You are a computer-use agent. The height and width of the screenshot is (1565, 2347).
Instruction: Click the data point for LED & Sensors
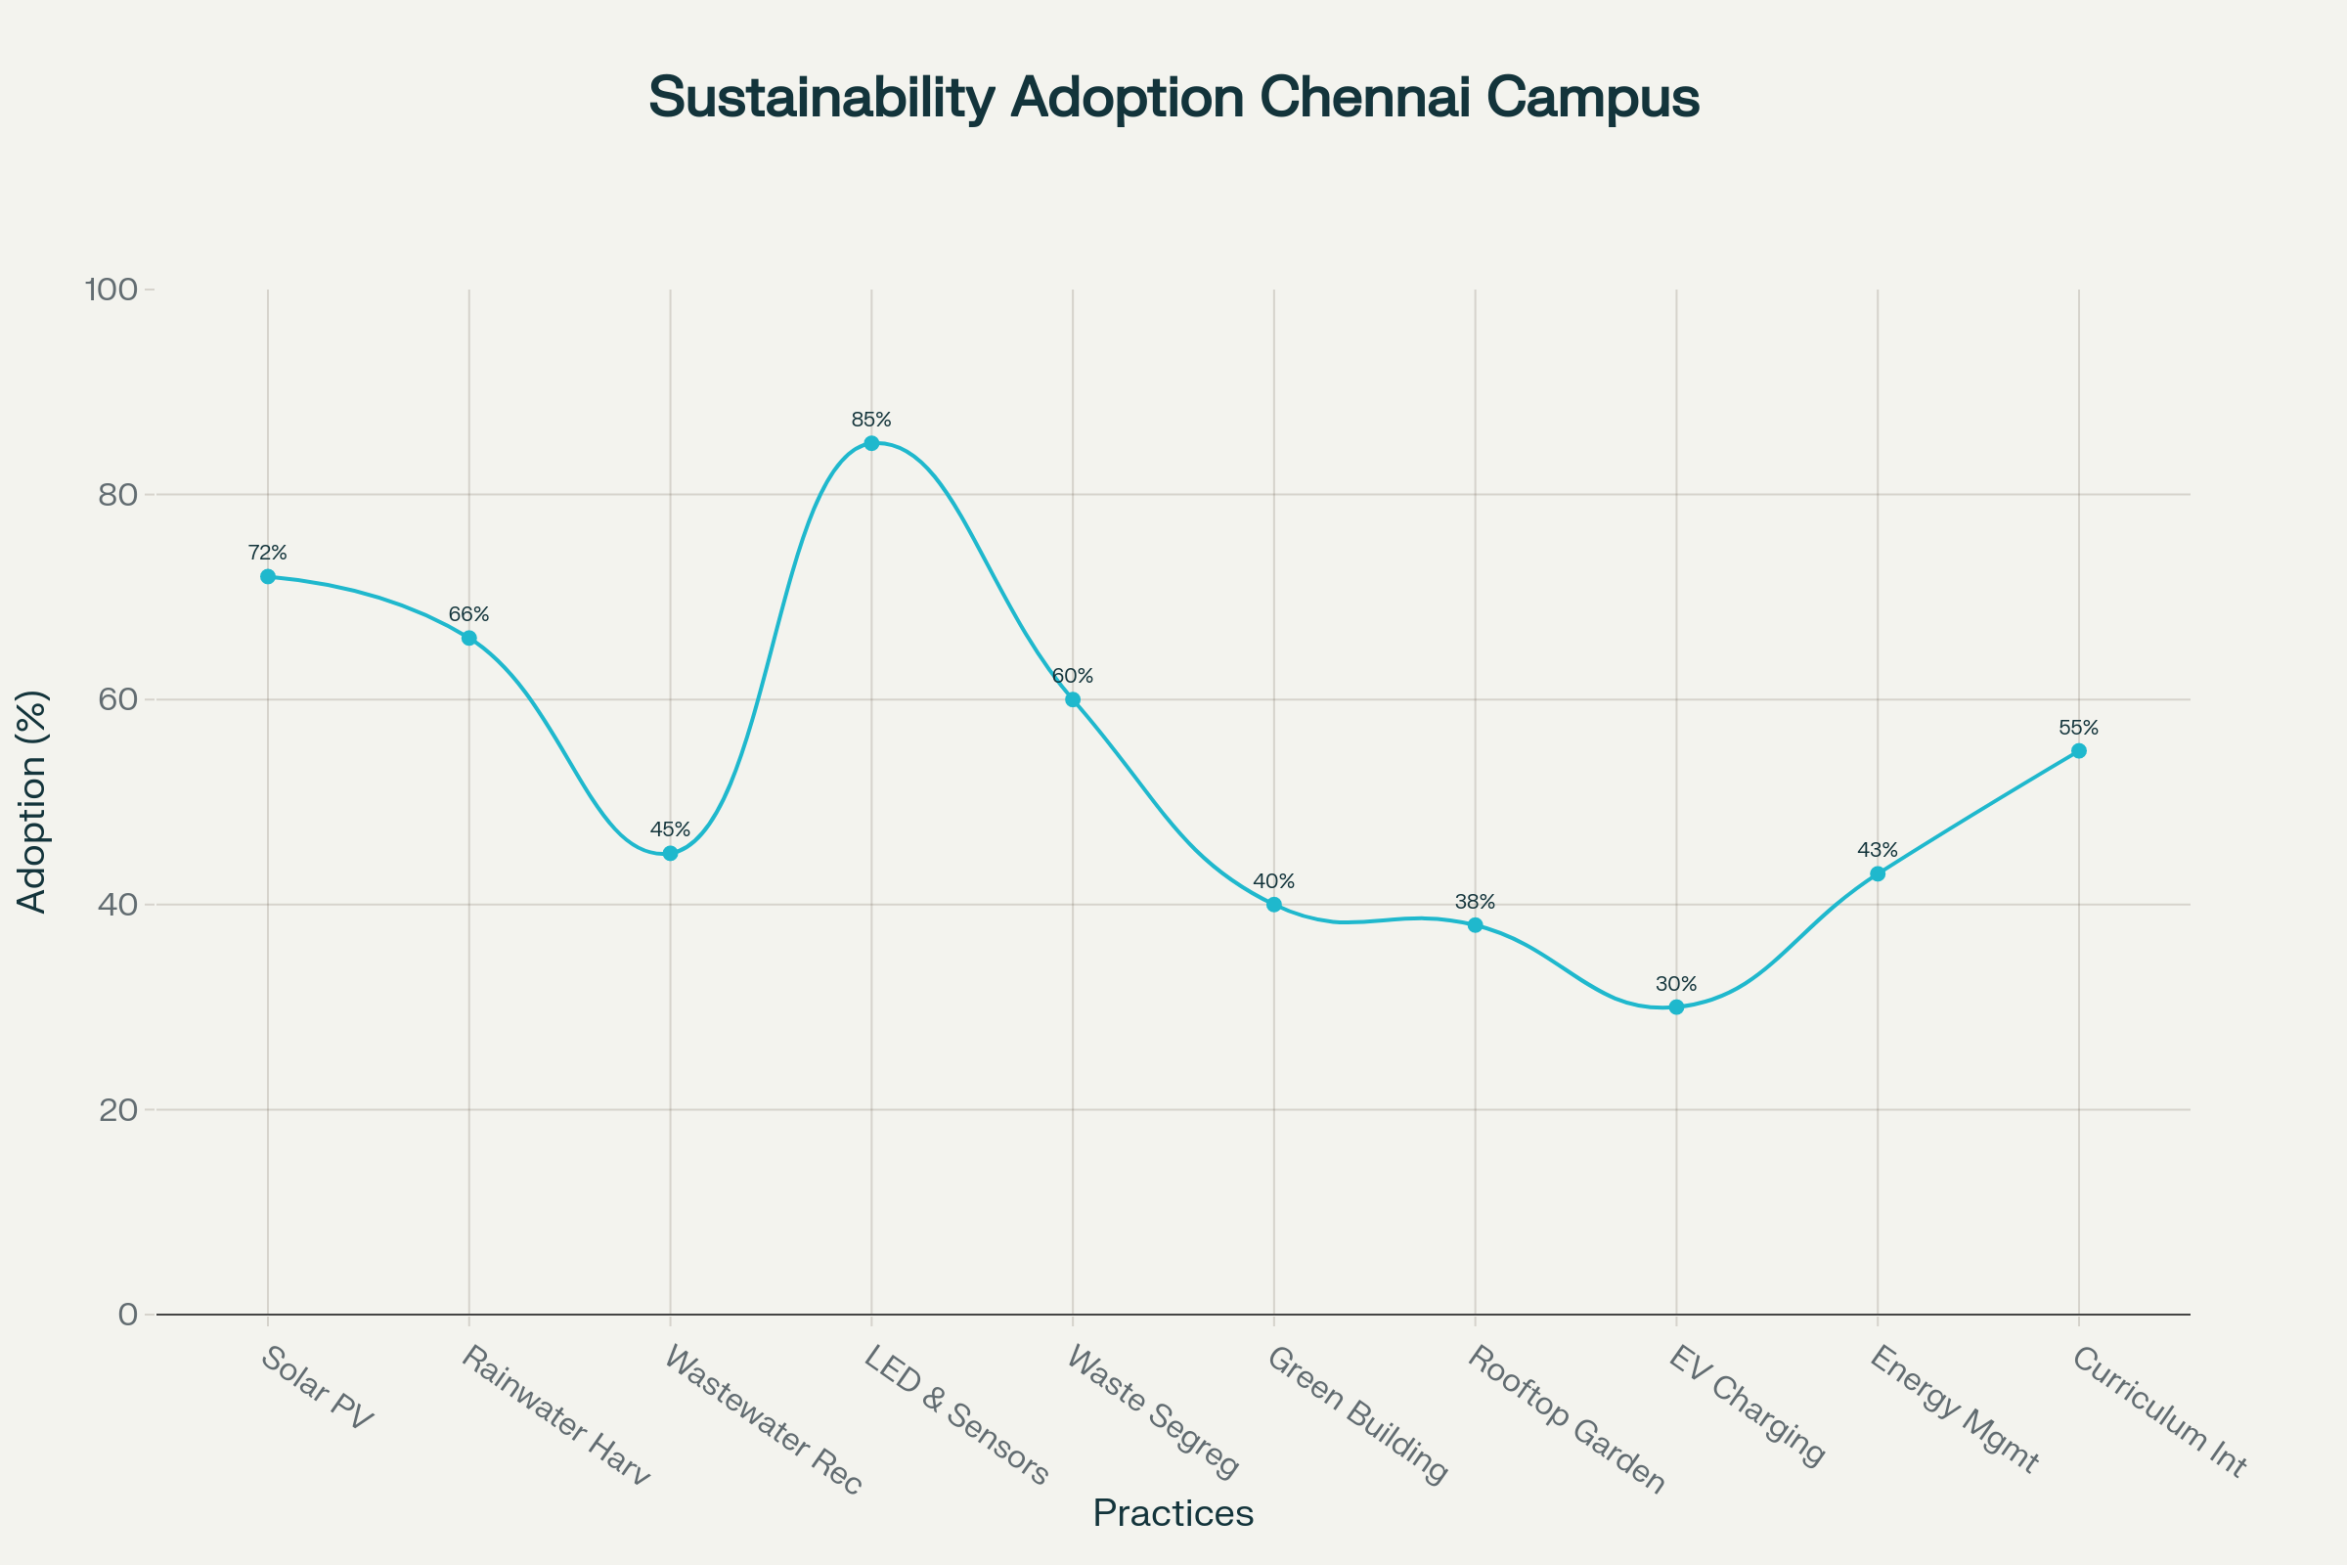coord(871,443)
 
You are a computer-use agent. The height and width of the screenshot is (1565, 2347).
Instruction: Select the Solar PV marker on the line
coord(267,577)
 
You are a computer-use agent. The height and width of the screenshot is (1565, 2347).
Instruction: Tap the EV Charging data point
coord(1676,1007)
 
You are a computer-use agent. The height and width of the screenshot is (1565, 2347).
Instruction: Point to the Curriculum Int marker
coord(2079,750)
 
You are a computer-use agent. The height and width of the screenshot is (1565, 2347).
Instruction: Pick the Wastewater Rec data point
coord(671,853)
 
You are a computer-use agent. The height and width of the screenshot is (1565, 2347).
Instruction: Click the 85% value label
coord(871,421)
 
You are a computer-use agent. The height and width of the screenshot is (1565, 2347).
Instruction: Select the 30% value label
coord(1676,984)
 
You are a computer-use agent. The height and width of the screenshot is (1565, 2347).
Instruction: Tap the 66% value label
coord(469,615)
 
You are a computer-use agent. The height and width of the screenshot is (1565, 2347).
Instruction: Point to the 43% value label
coord(1877,850)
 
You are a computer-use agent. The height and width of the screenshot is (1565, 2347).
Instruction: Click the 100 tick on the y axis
coord(111,291)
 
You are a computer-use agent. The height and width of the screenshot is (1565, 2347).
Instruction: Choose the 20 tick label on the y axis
coord(118,1110)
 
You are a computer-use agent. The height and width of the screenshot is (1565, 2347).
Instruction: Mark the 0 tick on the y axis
coord(128,1315)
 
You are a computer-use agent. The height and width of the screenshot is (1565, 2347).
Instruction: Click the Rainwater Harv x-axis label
coord(554,1415)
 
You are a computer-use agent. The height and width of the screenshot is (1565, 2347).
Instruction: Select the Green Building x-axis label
coord(1356,1415)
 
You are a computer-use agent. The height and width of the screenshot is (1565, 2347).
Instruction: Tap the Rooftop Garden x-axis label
coord(1566,1419)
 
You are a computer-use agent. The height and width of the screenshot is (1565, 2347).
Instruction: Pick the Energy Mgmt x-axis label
coord(1953,1409)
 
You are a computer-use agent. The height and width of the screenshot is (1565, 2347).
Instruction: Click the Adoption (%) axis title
coord(32,801)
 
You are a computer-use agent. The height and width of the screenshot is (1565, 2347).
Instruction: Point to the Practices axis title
coord(1173,1513)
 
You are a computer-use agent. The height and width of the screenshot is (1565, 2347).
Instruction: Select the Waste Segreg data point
coord(1073,699)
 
